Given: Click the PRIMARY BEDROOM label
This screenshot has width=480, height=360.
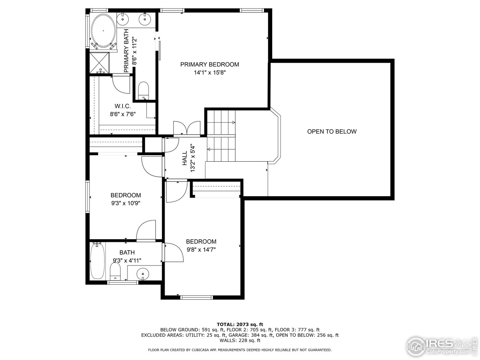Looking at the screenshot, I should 209,64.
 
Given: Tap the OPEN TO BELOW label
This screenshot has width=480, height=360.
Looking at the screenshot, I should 331,132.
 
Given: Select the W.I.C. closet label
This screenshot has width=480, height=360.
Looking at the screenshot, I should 122,106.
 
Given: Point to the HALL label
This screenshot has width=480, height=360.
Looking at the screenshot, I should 184,158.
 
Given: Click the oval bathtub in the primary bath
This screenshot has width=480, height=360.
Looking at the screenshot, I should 103,31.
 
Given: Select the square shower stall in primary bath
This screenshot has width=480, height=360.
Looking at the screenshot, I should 99,62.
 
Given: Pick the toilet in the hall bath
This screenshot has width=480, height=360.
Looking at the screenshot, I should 115,271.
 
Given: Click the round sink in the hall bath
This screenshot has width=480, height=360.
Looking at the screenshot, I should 142,273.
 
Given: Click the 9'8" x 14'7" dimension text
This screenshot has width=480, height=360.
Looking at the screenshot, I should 201,250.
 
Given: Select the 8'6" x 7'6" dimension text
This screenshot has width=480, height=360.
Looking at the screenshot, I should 122,115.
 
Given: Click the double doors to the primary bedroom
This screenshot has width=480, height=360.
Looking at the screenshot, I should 187,129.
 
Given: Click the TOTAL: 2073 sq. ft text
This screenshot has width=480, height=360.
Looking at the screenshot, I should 240,324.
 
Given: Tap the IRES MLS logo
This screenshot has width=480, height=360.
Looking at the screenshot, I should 442,345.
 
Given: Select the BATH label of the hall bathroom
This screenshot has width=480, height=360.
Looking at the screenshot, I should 127,252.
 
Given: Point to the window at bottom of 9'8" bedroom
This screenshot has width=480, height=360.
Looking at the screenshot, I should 197,298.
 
